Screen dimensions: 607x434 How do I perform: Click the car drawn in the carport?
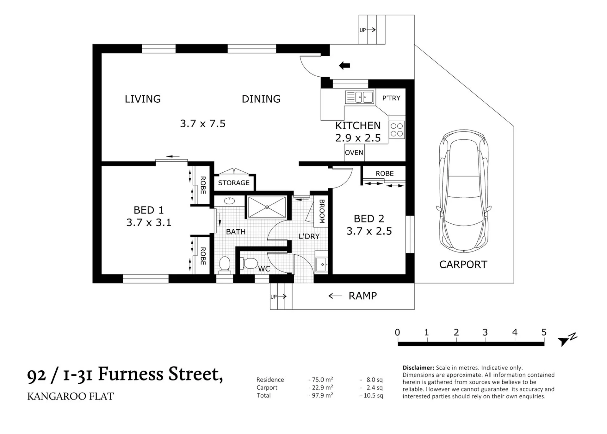point(464,191)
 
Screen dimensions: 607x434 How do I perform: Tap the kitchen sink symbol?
point(359,97)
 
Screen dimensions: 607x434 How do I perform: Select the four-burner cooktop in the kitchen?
point(397,130)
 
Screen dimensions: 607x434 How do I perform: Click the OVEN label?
point(354,153)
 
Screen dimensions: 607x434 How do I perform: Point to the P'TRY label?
point(391,98)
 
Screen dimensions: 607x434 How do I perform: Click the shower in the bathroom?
point(267,207)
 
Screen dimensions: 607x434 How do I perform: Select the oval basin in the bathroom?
point(229,201)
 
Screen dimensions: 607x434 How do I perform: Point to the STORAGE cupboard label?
point(234,183)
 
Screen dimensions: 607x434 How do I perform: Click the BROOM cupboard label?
point(322,211)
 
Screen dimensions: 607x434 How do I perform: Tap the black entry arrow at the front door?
point(344,66)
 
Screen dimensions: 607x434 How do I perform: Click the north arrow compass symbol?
point(568,340)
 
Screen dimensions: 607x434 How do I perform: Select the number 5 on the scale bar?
point(544,332)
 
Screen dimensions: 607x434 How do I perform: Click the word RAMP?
point(362,296)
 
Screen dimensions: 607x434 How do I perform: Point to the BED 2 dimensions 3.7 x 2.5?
point(369,231)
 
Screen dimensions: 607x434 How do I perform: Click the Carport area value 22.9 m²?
point(321,387)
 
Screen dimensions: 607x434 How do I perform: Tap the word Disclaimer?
point(418,368)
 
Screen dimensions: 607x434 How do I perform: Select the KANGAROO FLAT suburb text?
point(71,396)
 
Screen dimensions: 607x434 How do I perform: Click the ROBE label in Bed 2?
point(385,174)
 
